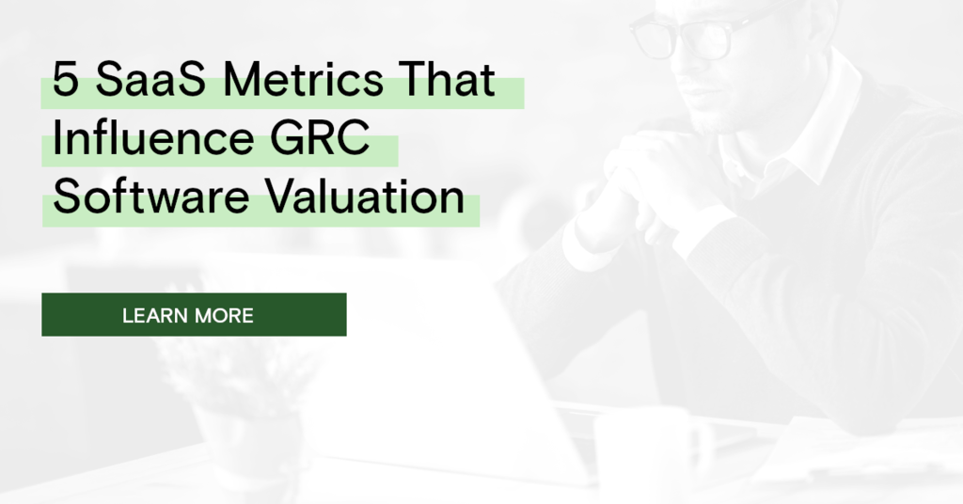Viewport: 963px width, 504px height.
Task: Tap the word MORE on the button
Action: [223, 315]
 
